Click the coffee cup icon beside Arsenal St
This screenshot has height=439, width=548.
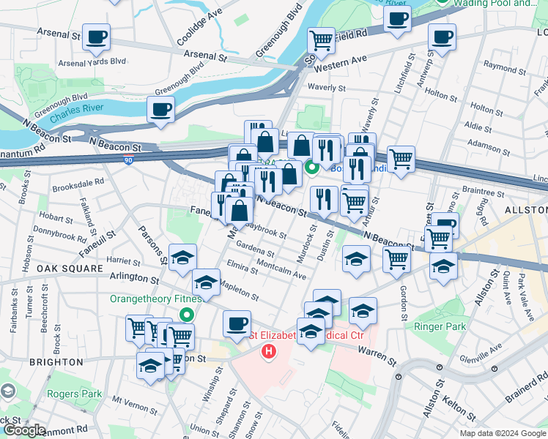tap(95, 37)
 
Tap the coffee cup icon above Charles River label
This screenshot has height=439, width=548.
tap(160, 110)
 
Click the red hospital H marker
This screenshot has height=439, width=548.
tap(269, 352)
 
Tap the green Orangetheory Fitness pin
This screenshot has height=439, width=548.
tap(187, 315)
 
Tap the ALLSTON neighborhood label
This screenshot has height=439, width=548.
tap(526, 210)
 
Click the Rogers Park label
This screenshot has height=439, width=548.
tap(74, 394)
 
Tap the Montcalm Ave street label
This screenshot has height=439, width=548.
tap(281, 271)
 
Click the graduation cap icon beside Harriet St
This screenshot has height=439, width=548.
tap(182, 258)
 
